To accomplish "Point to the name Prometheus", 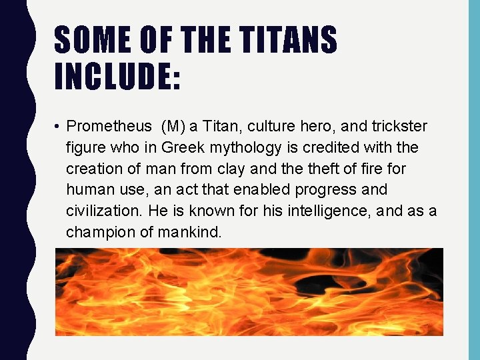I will (109, 126).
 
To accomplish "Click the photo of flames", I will (249, 291).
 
